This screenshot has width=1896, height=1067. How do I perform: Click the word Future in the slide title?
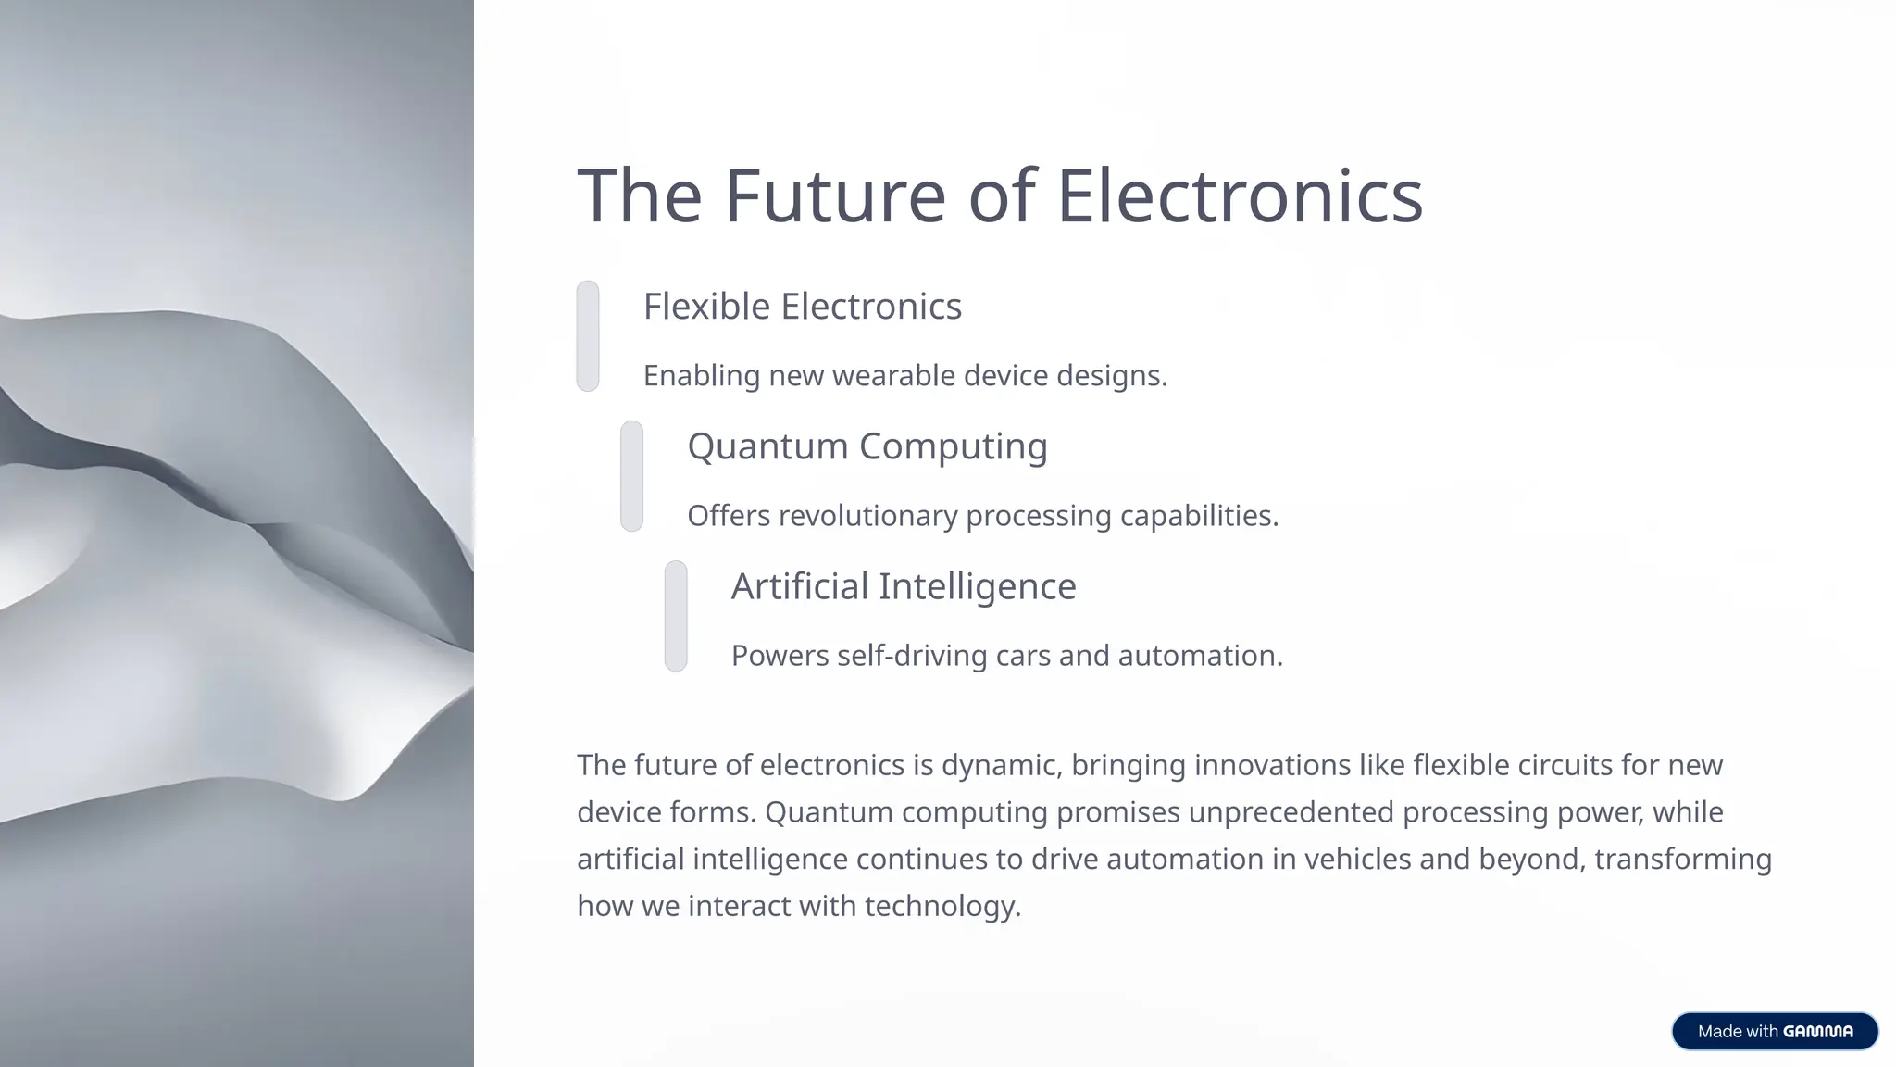tap(834, 195)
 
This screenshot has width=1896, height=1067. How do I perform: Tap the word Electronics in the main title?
tap(1239, 195)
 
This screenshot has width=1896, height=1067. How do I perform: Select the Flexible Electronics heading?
tap(803, 307)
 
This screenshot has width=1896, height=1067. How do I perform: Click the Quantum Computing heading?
tap(867, 446)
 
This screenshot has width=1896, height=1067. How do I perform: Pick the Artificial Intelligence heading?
tap(904, 586)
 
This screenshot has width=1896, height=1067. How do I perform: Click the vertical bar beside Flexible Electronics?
tap(588, 336)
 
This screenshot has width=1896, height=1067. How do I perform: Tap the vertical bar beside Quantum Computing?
tap(631, 476)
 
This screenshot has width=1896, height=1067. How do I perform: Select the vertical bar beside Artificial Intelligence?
tap(676, 616)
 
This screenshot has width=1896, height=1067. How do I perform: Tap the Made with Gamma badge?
tap(1775, 1031)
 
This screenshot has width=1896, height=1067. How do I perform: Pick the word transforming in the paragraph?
tap(1682, 860)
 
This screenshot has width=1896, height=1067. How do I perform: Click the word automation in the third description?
tap(1199, 656)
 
